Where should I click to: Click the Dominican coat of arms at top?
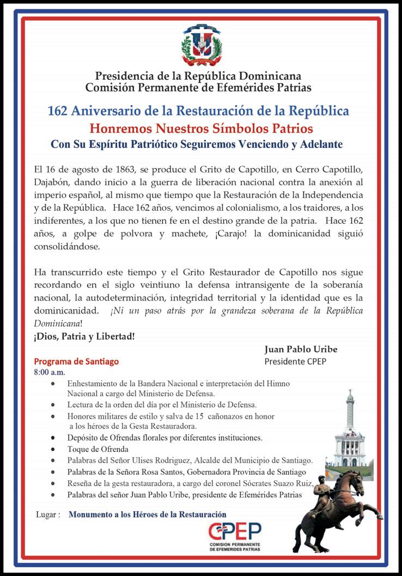(202, 46)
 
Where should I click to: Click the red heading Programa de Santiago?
(76, 361)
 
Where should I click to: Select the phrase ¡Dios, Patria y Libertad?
(84, 336)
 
